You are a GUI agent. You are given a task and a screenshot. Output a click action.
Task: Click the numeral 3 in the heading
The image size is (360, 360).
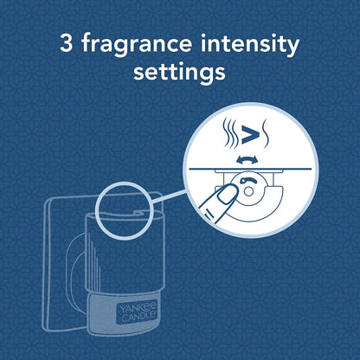point(66,43)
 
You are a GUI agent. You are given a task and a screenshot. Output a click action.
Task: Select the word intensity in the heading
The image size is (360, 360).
point(250,45)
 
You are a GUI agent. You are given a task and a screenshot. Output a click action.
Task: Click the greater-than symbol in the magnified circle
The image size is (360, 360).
point(250,135)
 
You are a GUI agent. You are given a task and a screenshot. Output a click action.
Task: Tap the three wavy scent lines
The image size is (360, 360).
point(230,133)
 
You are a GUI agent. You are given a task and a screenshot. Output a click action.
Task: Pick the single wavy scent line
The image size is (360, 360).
point(265,133)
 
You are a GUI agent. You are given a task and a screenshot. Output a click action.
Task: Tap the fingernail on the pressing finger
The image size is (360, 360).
point(227,196)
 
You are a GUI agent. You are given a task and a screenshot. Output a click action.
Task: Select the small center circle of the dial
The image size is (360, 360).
point(248,191)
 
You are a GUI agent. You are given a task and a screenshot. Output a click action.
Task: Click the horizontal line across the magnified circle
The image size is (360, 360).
point(250,169)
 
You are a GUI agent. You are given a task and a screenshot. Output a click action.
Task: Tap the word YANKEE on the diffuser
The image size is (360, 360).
point(138,307)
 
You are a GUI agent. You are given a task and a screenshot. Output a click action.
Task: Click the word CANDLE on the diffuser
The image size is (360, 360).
point(139,316)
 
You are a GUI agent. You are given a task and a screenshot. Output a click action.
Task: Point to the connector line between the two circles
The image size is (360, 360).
point(168,196)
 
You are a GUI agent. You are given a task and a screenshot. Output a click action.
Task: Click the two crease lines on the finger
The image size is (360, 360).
point(209,215)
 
